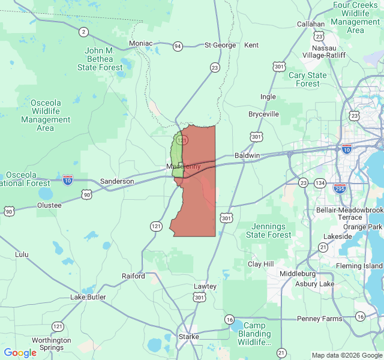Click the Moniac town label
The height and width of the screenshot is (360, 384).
tap(140, 44)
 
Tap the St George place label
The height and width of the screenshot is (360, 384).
tap(220, 45)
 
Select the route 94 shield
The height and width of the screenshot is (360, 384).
tap(178, 46)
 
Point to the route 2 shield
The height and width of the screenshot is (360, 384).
tap(83, 32)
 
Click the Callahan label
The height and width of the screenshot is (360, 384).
tap(311, 25)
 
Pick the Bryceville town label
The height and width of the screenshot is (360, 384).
tap(264, 114)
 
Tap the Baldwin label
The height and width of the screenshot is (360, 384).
tap(247, 155)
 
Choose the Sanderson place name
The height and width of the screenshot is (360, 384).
tap(117, 181)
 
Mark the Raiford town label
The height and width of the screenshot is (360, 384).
tap(133, 277)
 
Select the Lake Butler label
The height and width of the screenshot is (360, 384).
tap(88, 297)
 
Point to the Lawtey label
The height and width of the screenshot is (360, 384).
tap(205, 287)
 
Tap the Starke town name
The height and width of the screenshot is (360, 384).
tap(189, 337)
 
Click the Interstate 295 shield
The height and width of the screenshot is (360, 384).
tap(340, 188)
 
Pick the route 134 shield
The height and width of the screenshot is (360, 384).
tap(320, 183)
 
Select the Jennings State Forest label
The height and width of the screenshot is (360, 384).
tap(269, 231)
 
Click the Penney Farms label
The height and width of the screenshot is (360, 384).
tap(319, 319)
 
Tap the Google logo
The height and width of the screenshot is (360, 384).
tap(20, 353)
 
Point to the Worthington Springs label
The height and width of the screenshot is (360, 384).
tap(52, 344)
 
